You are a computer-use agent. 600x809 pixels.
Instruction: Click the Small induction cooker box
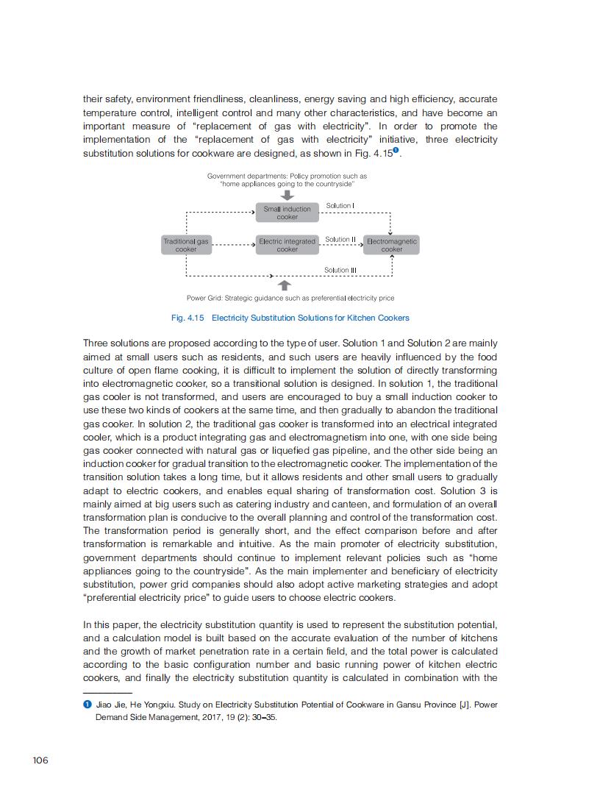pos(287,213)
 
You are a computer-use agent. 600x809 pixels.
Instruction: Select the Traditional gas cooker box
pos(186,245)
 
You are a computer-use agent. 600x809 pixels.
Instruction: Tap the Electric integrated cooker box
pos(287,245)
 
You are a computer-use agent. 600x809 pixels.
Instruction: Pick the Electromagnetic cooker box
pos(392,245)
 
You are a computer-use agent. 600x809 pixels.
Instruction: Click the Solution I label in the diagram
pos(340,206)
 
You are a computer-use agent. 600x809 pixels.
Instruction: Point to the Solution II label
pos(340,240)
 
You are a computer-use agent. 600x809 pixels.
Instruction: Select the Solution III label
pos(340,271)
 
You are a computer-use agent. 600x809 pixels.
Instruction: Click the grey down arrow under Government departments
pos(287,195)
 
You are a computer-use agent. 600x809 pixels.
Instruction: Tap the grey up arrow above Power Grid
pos(285,285)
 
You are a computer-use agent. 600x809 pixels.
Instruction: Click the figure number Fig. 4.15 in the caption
pos(187,318)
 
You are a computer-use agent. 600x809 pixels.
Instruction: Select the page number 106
pos(40,760)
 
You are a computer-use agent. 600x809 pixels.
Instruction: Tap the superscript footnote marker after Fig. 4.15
pos(396,151)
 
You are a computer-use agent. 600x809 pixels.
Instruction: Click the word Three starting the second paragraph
pos(96,343)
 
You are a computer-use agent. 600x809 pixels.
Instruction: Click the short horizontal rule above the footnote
pos(107,693)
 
